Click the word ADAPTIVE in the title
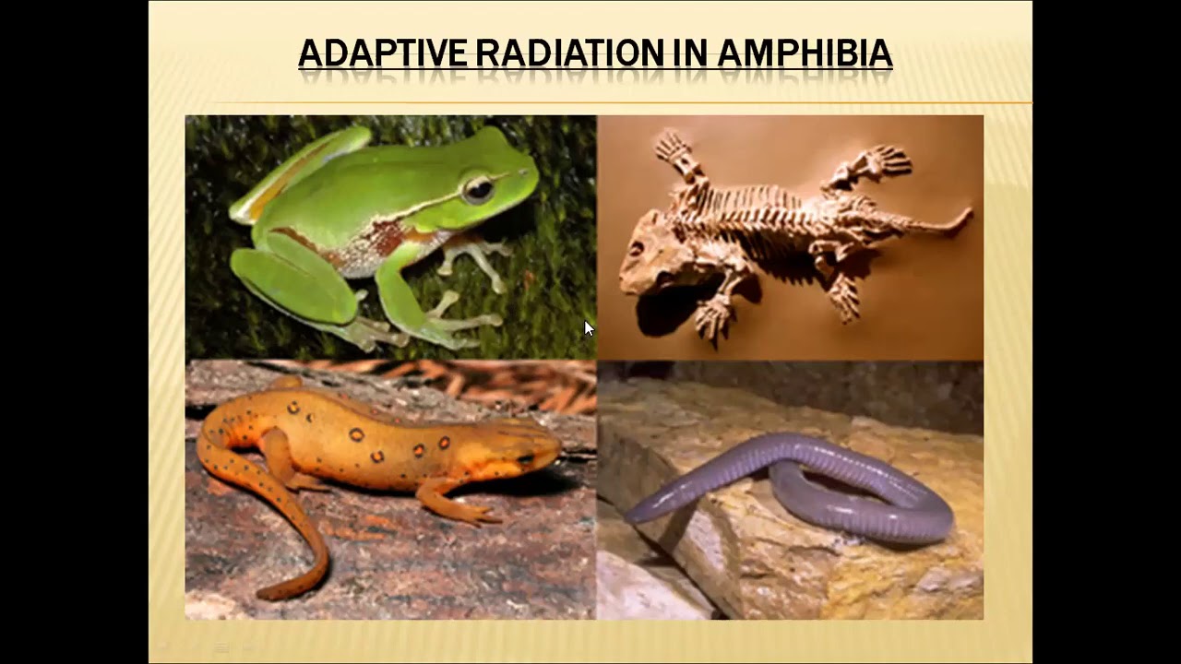pos(383,53)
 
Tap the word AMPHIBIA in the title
pos(805,53)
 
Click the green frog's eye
pos(477,189)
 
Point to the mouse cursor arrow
pos(589,328)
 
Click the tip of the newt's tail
pos(262,595)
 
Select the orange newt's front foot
pos(471,513)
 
